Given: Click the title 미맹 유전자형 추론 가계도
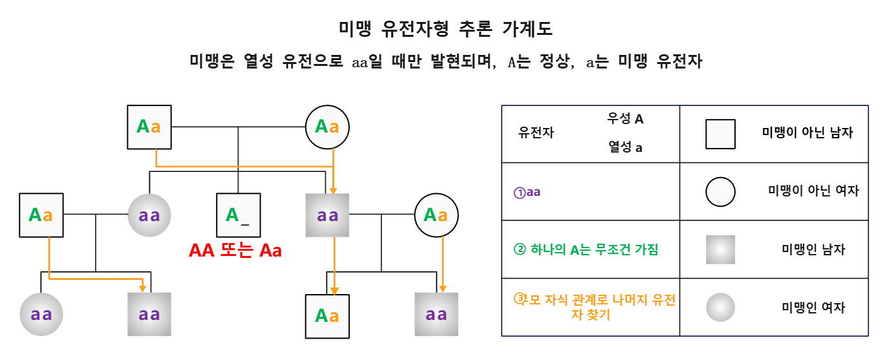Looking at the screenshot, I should click(445, 29).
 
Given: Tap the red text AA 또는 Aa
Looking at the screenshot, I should click(235, 251).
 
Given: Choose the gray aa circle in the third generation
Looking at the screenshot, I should click(41, 315).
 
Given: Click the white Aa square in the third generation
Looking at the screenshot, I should click(327, 315).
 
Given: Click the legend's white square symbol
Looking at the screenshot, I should click(720, 133).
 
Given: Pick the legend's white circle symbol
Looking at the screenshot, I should click(720, 191).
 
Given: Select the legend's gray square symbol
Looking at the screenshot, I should click(720, 249).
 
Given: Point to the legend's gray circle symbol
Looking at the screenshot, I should click(720, 308).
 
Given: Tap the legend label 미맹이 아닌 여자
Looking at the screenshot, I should click(813, 191).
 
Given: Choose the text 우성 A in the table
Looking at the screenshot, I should click(625, 119).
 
